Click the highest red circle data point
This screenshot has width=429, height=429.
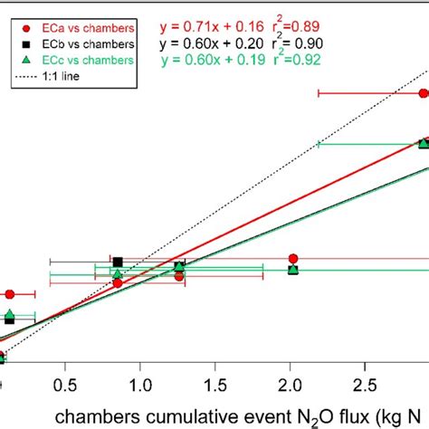[x=423, y=93]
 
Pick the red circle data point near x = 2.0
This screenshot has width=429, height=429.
[x=291, y=259]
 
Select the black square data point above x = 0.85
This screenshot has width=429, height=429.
[x=118, y=262]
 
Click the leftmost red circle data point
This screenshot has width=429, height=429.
[x=10, y=294]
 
